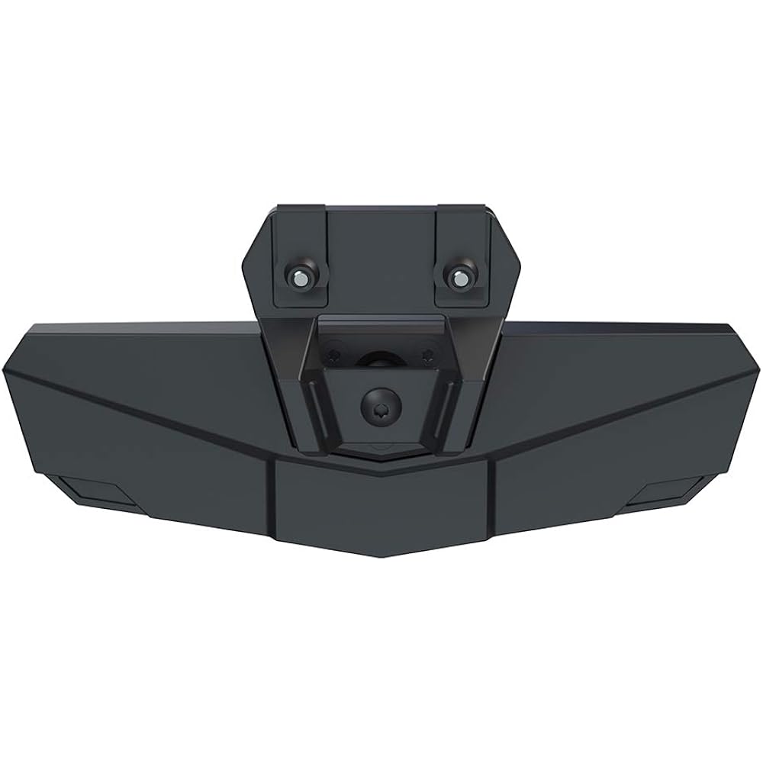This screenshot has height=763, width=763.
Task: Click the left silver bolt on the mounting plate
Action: (x=301, y=278)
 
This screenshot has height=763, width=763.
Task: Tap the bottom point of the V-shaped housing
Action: (x=379, y=561)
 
